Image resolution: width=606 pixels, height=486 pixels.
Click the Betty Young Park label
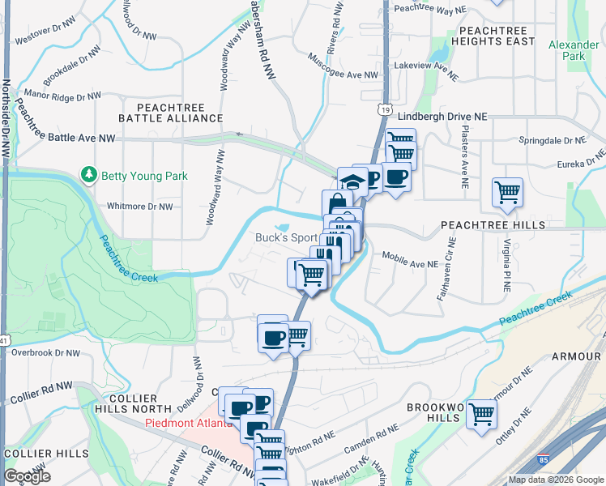tap(144, 176)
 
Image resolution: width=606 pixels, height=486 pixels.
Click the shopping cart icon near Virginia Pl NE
tap(507, 193)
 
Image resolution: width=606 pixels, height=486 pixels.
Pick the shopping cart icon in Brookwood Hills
tap(481, 414)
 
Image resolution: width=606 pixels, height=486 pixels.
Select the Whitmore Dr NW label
tap(140, 207)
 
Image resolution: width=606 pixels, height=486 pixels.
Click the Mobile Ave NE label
tap(410, 264)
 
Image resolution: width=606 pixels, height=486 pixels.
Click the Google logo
tap(27, 476)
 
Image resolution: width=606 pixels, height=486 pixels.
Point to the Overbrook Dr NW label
tap(46, 353)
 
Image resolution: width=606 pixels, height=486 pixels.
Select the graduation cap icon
tap(352, 181)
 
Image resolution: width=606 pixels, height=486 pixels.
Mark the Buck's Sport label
tap(286, 238)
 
